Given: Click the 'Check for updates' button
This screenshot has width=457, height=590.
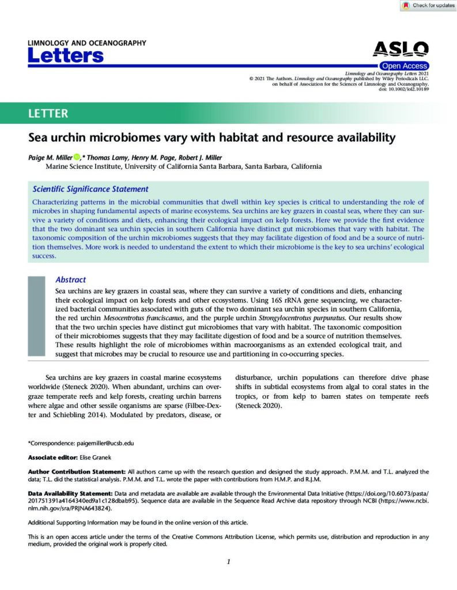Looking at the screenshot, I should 428,5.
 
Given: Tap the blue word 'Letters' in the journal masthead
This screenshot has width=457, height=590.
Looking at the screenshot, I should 66,56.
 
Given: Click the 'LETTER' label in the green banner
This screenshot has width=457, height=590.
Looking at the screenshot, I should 48,114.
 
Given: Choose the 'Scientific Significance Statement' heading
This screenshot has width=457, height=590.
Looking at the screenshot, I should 90,189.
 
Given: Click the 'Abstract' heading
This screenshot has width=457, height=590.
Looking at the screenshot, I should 71,279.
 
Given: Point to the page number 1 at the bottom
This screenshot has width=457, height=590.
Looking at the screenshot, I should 228,562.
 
